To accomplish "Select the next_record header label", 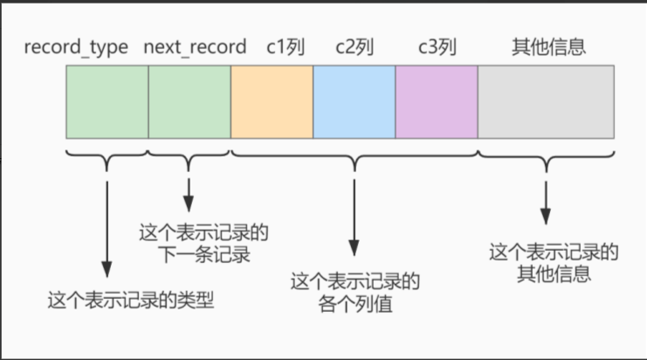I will tap(194, 47).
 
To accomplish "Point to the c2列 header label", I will tap(354, 47).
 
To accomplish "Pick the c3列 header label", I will tap(437, 47).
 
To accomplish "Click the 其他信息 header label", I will tap(546, 47).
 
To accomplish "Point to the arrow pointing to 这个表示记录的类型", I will tap(107, 227).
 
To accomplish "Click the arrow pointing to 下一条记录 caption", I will tap(189, 192).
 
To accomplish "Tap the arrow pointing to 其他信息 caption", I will tap(547, 201).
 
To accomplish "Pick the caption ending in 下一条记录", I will tap(203, 244).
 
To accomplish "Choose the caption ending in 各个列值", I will tap(354, 294).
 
